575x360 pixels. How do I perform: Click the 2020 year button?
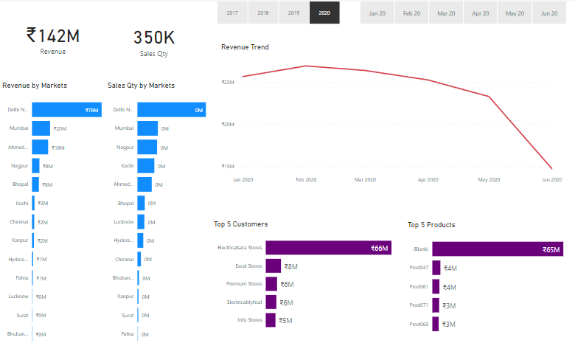(325, 13)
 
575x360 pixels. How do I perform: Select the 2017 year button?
(233, 13)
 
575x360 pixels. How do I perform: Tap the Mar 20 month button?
(446, 13)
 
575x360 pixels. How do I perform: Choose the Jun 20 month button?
(548, 13)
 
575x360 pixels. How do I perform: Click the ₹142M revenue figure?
(52, 35)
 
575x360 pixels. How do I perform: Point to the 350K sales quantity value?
(154, 38)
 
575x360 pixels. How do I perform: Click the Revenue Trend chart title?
(245, 47)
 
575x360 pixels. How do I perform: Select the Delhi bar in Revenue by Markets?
(66, 109)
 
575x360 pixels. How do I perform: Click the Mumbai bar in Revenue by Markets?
(41, 128)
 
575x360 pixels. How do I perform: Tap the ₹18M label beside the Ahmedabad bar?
(58, 148)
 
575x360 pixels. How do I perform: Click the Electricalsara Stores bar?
(328, 248)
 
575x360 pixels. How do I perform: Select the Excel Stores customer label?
(248, 266)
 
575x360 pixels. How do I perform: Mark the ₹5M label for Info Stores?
(285, 321)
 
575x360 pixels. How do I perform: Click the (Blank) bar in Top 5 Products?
(498, 250)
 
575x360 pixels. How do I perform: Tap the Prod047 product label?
(419, 269)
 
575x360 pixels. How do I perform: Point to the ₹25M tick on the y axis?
(228, 82)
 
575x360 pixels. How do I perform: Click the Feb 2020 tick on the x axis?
(306, 179)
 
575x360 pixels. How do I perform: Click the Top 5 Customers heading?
(241, 224)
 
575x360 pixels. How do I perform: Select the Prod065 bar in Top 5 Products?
(436, 325)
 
